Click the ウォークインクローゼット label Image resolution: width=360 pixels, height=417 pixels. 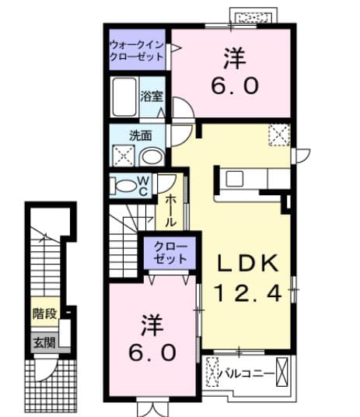tap(137, 51)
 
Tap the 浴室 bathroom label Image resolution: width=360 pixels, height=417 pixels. tap(151, 97)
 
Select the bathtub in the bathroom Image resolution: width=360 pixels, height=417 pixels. tap(124, 99)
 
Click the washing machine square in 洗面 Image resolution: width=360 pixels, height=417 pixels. tap(123, 155)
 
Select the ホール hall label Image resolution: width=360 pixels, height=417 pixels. tap(170, 209)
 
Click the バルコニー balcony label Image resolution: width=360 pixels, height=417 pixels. tap(249, 373)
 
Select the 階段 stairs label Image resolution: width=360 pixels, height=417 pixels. tap(44, 315)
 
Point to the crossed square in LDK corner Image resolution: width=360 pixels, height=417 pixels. tap(278, 135)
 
